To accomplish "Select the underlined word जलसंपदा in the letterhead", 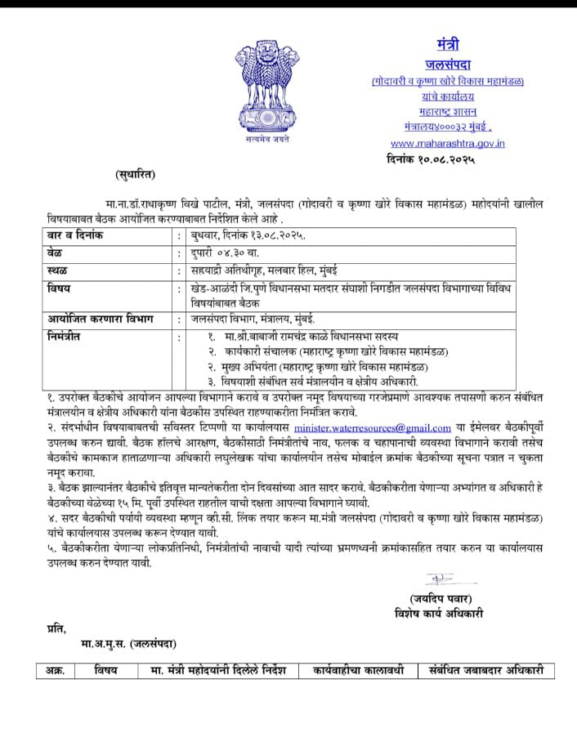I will (448, 65).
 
